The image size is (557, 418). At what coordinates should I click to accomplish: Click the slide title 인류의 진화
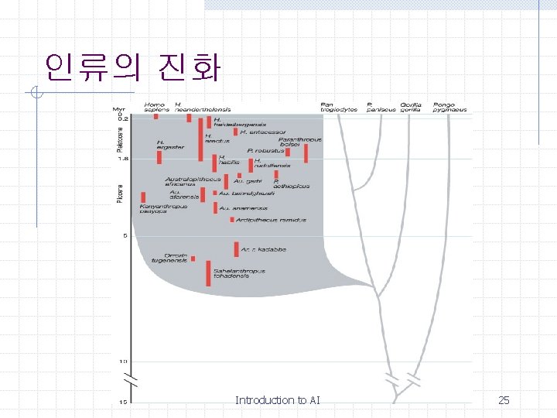click(132, 68)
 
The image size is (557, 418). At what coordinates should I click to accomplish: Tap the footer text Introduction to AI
click(277, 400)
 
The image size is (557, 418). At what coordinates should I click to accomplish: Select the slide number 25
click(504, 400)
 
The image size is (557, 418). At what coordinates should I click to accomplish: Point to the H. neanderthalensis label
click(202, 107)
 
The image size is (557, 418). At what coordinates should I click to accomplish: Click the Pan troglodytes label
click(338, 107)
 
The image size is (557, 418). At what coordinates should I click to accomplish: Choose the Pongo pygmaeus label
click(449, 107)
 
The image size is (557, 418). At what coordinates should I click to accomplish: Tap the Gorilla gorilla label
click(411, 107)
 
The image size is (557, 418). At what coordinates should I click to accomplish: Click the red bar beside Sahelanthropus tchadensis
click(208, 273)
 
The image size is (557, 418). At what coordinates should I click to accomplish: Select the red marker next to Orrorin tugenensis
click(193, 259)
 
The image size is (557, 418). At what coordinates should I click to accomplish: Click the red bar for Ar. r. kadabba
click(236, 249)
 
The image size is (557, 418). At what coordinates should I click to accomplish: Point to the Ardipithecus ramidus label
click(272, 220)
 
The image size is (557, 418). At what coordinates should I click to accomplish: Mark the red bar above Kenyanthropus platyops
click(143, 197)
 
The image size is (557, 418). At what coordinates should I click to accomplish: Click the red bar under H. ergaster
click(159, 157)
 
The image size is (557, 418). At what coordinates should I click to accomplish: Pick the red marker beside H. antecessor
click(234, 132)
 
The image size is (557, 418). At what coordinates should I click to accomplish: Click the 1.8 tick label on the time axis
click(122, 159)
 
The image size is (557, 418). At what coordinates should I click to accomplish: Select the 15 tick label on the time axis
click(122, 402)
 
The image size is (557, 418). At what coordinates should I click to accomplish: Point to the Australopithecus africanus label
click(192, 182)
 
